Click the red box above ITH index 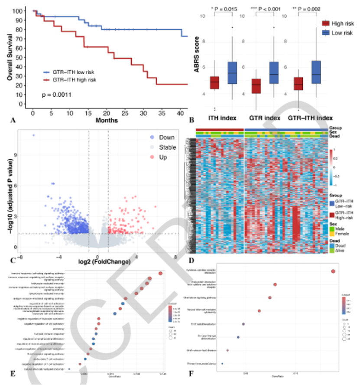click(x=214, y=82)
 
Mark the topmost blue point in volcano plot click(x=33, y=136)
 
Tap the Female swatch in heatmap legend click(x=331, y=233)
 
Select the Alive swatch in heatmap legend click(x=331, y=251)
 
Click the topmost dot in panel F click(x=333, y=271)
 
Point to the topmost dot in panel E click(x=161, y=273)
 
